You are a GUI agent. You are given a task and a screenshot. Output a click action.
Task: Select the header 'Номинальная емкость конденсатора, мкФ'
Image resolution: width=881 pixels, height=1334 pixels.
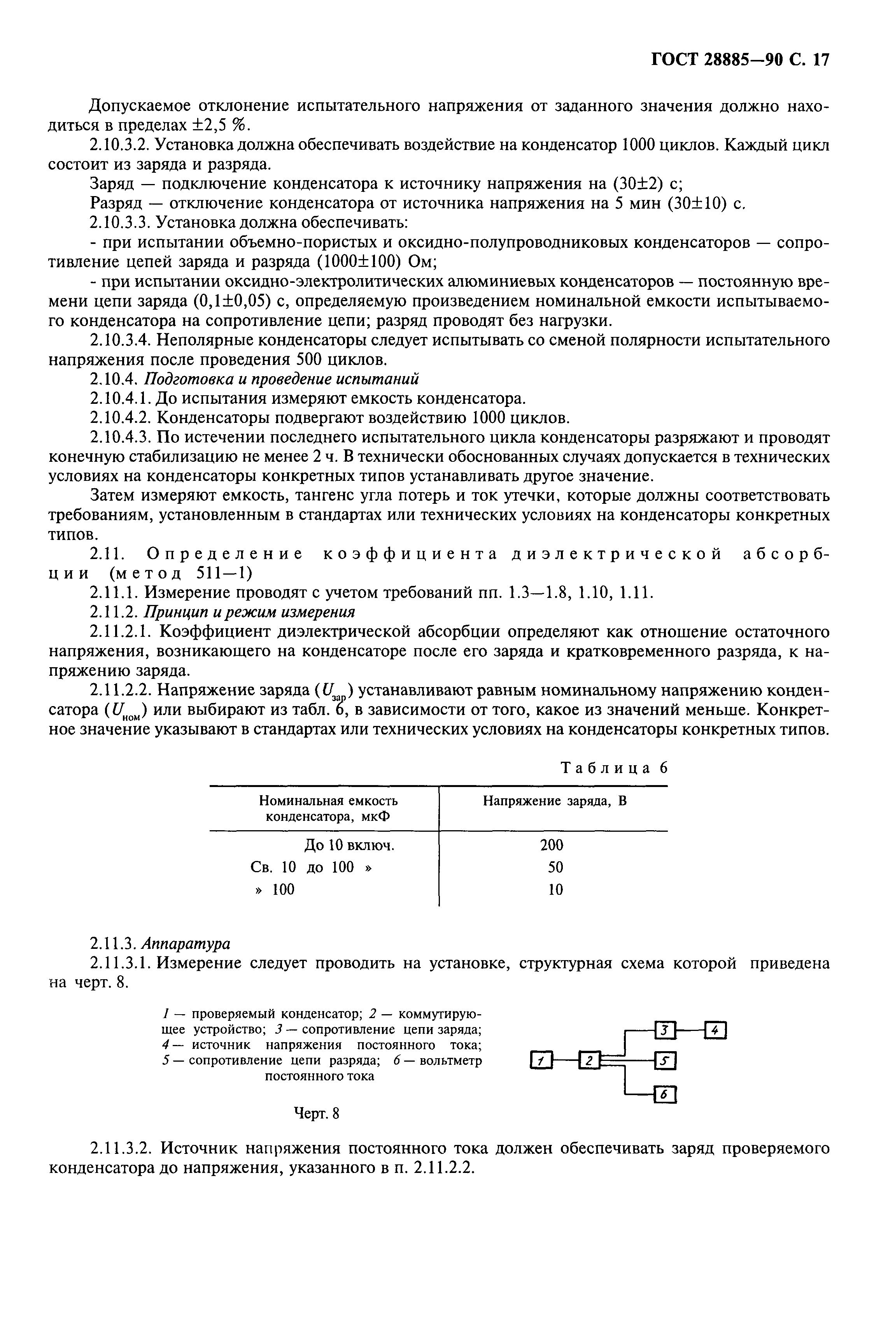[x=328, y=808]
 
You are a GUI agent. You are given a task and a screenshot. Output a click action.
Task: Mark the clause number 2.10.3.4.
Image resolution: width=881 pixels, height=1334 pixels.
[x=120, y=340]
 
